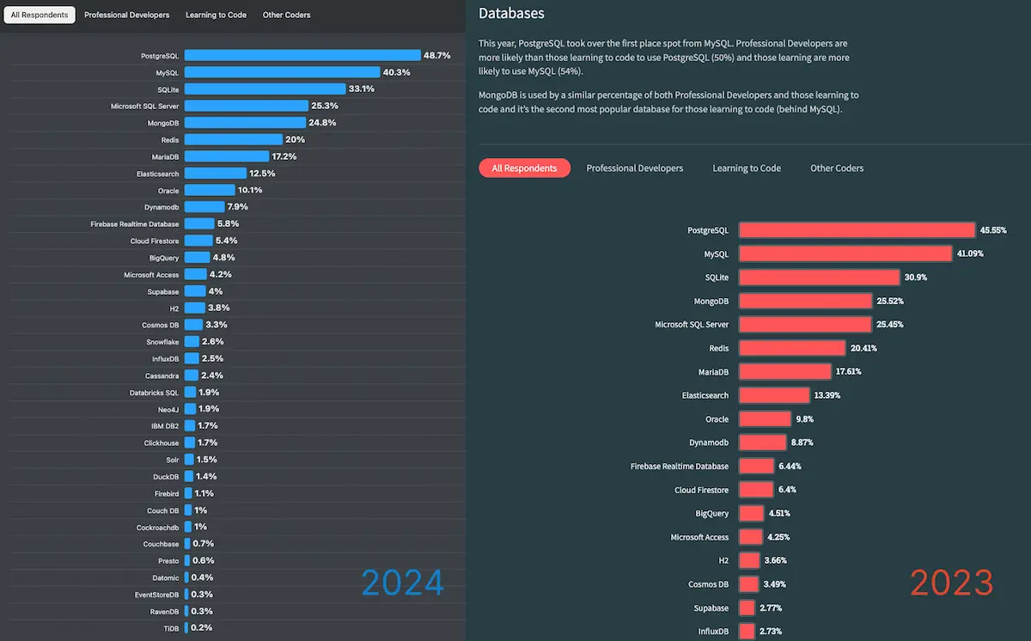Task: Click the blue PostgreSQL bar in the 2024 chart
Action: [302, 55]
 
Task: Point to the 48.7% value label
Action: [436, 55]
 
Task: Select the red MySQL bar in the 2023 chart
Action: [845, 253]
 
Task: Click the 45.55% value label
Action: [994, 230]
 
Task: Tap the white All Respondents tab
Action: [40, 15]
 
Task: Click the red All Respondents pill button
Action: [524, 168]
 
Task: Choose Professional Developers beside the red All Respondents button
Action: [635, 168]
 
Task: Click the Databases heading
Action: [511, 14]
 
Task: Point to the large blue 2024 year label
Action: [403, 583]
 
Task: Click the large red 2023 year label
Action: [952, 583]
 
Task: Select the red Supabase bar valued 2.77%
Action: [747, 607]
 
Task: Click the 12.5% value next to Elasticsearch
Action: [262, 174]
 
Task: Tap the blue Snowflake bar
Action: [192, 342]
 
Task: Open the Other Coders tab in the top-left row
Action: [286, 15]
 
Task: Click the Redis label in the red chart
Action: [718, 348]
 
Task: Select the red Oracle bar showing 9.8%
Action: [765, 419]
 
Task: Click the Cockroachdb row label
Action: [158, 527]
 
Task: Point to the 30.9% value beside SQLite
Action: [915, 278]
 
